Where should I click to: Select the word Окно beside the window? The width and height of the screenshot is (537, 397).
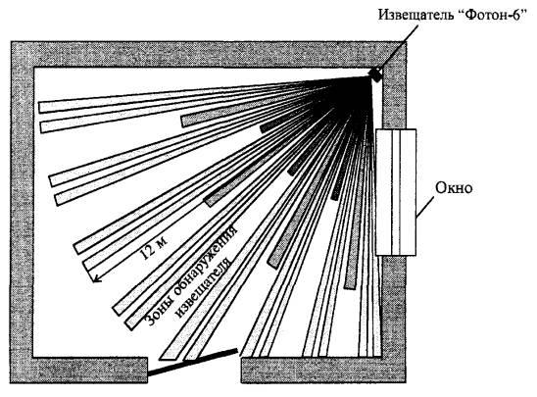pos(454,188)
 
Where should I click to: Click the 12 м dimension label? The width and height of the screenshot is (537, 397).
pos(154,248)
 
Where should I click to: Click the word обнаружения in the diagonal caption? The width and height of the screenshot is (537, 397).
pos(206,260)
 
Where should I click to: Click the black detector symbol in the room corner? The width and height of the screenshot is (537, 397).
pos(375,75)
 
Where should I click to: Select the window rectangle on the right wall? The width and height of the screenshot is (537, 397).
pos(396,192)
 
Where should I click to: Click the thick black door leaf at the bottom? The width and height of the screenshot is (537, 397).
pos(192,362)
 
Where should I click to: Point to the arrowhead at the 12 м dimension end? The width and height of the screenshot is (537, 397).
pos(96,279)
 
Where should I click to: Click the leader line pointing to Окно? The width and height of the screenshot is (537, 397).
pos(425,206)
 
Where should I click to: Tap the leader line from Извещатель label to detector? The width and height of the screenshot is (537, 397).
pos(397,47)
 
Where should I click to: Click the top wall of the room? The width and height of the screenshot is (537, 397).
pos(208,54)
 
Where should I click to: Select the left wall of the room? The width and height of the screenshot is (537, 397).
pos(22,212)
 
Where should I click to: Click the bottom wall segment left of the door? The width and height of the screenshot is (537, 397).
pos(79,370)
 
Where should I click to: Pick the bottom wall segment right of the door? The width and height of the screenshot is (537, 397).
pos(323,370)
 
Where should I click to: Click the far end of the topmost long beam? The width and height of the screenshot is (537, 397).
pos(40,108)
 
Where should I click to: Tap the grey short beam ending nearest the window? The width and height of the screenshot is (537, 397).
pos(350,284)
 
